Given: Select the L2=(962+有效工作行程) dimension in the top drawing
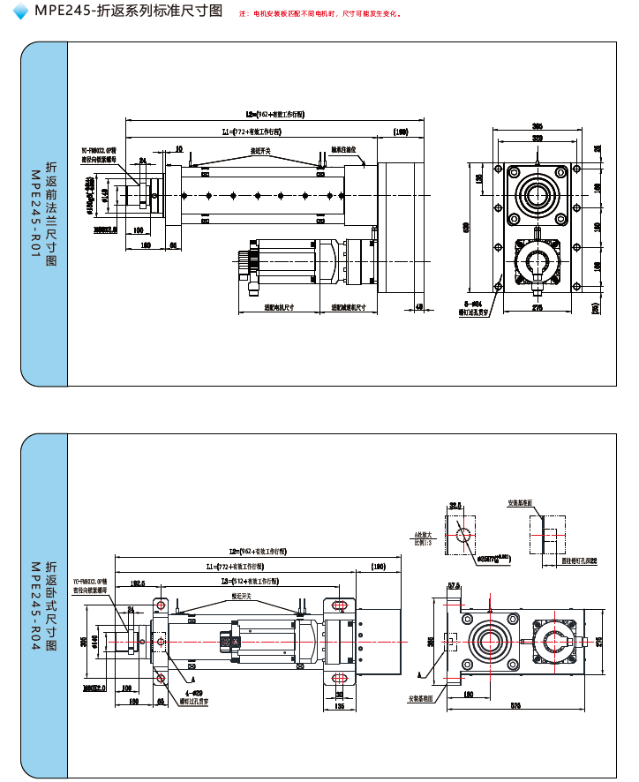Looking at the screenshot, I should (x=274, y=115).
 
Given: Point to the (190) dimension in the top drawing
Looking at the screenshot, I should (x=401, y=132).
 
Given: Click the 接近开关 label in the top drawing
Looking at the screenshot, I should (x=259, y=151).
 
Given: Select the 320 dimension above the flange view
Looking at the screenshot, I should (x=537, y=139).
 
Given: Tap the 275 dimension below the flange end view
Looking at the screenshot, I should (x=537, y=307).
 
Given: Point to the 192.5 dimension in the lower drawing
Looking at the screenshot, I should (x=137, y=583).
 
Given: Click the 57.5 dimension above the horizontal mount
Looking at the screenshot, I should (x=455, y=585).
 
